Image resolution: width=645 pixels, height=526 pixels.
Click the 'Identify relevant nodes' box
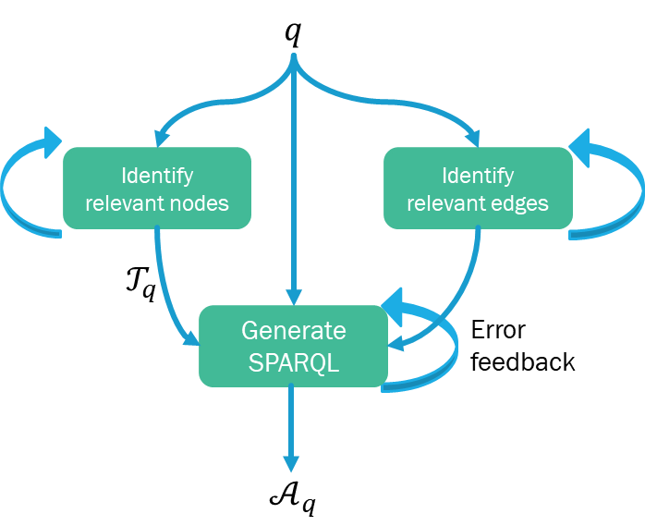pos(157,188)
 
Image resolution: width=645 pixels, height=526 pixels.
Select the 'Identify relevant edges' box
pos(478,188)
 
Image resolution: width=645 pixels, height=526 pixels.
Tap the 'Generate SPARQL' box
pos(293,346)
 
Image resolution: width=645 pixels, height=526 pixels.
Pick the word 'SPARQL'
pos(293,362)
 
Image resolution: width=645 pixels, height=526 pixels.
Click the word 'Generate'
pos(293,330)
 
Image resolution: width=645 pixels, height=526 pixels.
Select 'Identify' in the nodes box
pos(157,175)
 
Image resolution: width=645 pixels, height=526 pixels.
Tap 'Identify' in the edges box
pos(478,175)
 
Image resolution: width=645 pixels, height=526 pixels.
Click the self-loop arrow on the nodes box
pos(7,190)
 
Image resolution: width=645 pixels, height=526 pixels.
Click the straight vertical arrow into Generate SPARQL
pos(293,185)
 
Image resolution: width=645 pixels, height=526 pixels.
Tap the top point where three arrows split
pos(293,59)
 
